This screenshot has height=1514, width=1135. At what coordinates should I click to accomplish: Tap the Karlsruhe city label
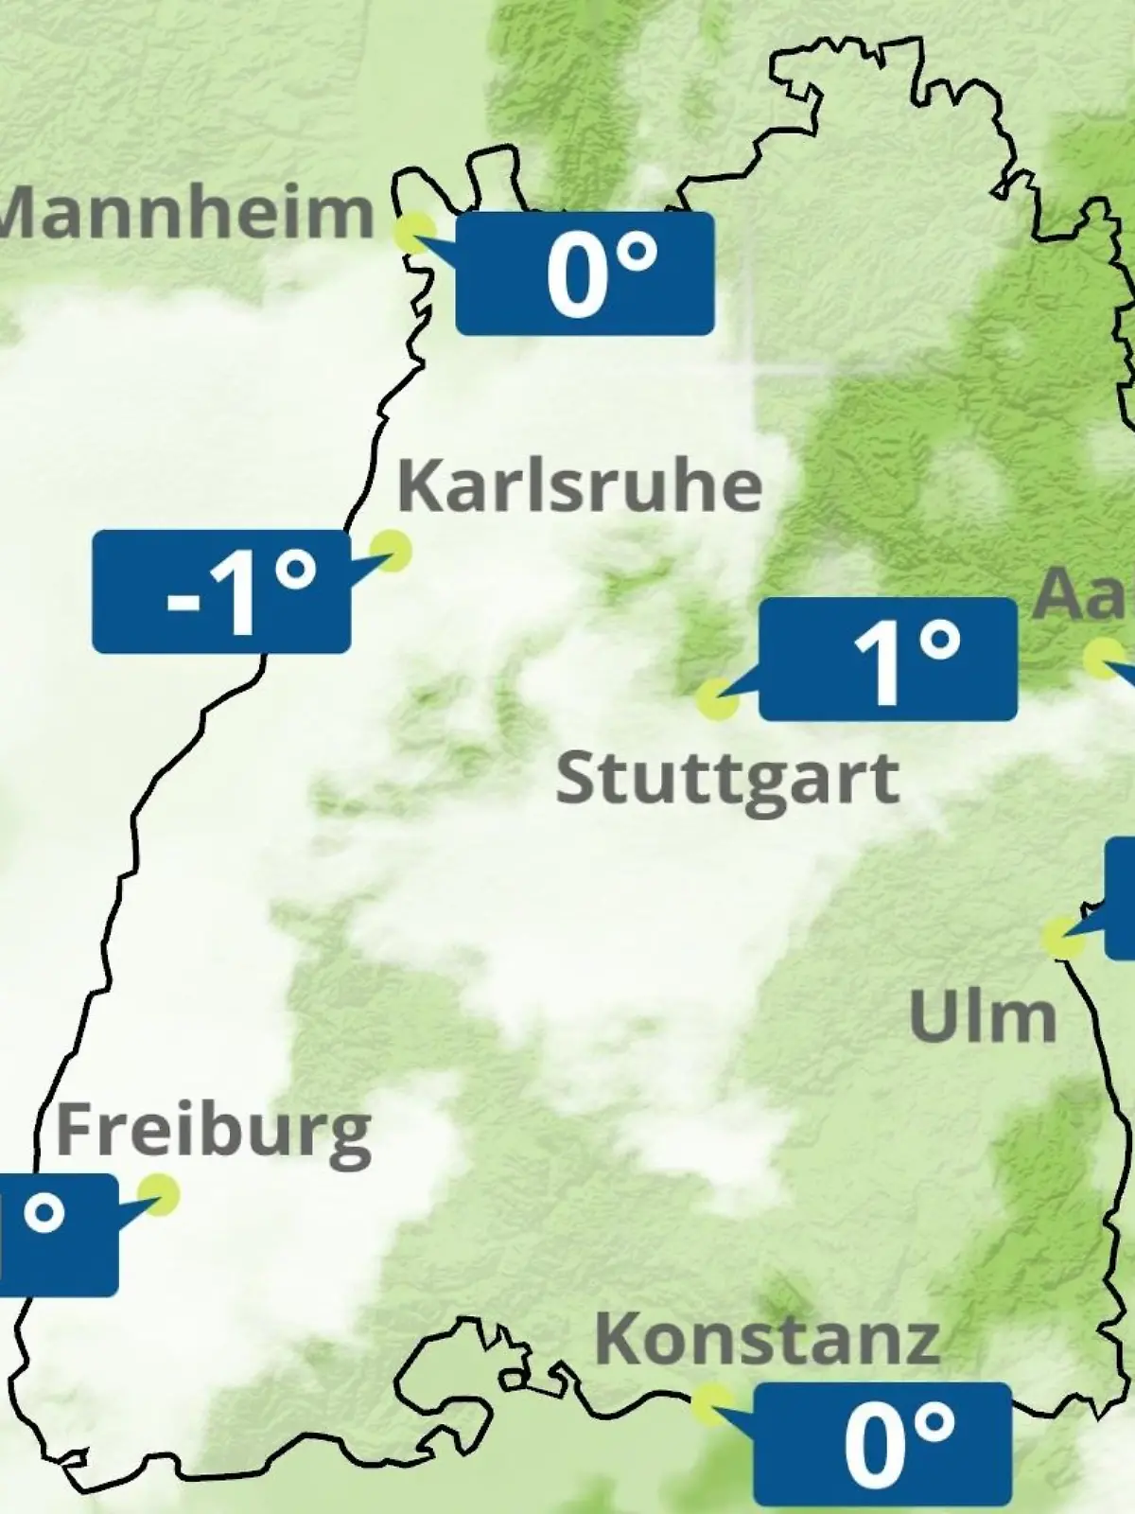[579, 485]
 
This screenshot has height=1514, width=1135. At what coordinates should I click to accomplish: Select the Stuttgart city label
[726, 780]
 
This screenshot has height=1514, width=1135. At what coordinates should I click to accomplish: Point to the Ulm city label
[982, 1017]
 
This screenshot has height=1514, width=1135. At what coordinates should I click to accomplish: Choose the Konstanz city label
[767, 1339]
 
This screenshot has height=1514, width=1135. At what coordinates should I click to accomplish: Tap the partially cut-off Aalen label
[1083, 594]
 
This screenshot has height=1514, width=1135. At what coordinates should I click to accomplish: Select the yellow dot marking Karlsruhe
[390, 550]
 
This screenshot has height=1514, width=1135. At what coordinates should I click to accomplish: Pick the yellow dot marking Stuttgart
[717, 699]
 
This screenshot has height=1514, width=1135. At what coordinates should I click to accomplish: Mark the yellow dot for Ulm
[1064, 937]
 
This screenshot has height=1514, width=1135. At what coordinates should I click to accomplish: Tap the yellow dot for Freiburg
[158, 1195]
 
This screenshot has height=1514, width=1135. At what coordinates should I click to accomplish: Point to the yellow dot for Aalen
[1103, 659]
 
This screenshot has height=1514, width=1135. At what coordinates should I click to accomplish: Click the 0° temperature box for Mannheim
[585, 273]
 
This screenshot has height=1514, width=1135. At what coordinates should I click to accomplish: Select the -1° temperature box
[221, 591]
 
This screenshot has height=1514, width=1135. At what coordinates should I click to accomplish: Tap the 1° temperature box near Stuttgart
[888, 660]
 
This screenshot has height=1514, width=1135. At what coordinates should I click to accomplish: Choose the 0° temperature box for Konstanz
[882, 1443]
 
